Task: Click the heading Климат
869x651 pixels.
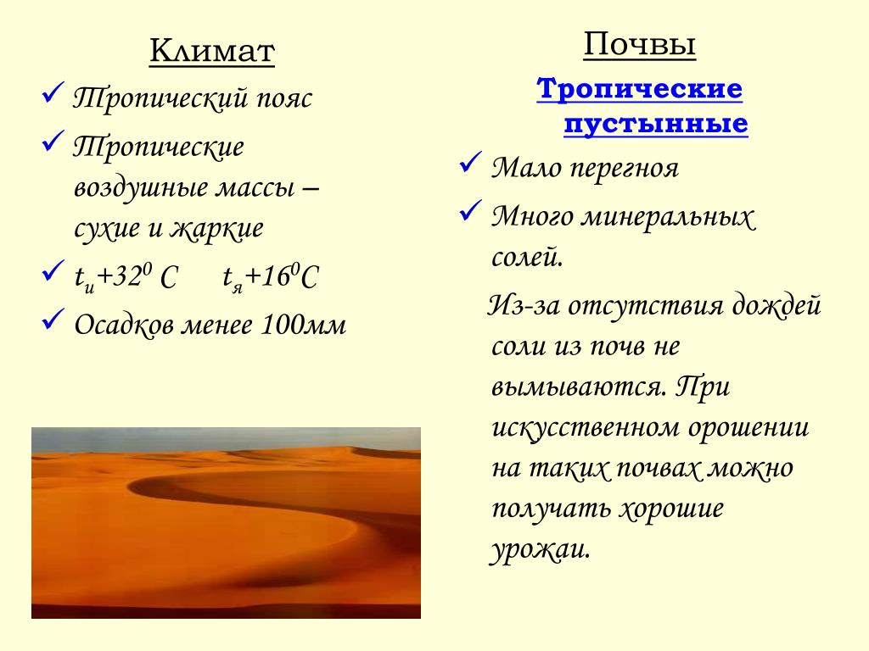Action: (211, 51)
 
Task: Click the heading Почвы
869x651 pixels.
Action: (640, 44)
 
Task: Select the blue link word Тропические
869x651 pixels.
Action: (640, 88)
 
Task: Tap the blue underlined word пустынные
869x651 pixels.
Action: (656, 124)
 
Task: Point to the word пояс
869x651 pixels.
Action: (284, 98)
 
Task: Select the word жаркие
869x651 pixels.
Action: (216, 228)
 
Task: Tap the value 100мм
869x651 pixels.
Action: (303, 325)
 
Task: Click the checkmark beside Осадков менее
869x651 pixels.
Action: (53, 319)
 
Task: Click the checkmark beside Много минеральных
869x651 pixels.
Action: (470, 210)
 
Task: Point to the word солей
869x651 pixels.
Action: (527, 257)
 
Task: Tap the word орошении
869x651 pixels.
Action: (748, 427)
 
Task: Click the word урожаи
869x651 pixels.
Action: (539, 549)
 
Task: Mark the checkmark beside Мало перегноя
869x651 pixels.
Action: (470, 162)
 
